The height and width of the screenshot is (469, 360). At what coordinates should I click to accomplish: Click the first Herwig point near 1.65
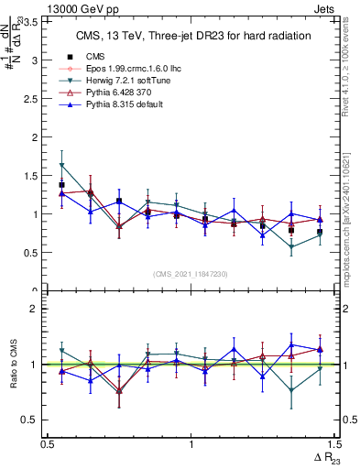[61, 165]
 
